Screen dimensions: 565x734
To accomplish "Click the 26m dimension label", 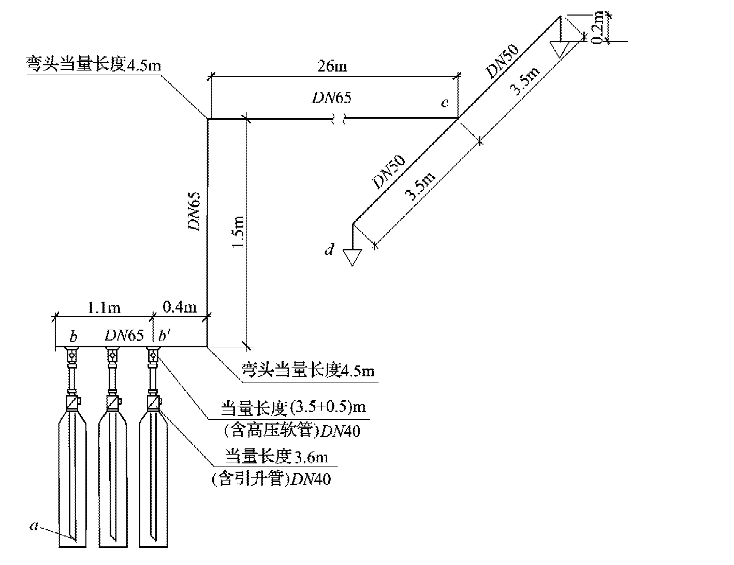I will tap(333, 66).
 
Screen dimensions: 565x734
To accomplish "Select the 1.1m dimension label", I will tap(104, 308).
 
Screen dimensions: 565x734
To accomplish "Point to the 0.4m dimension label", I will tap(180, 307).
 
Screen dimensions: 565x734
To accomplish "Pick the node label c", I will tap(444, 103).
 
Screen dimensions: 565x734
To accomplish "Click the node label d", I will tap(329, 250).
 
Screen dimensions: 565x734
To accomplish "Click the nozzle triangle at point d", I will tap(353, 257).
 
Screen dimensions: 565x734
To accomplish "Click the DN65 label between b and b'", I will tap(124, 335).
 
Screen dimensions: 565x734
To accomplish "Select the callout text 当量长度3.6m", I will tap(275, 457).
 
